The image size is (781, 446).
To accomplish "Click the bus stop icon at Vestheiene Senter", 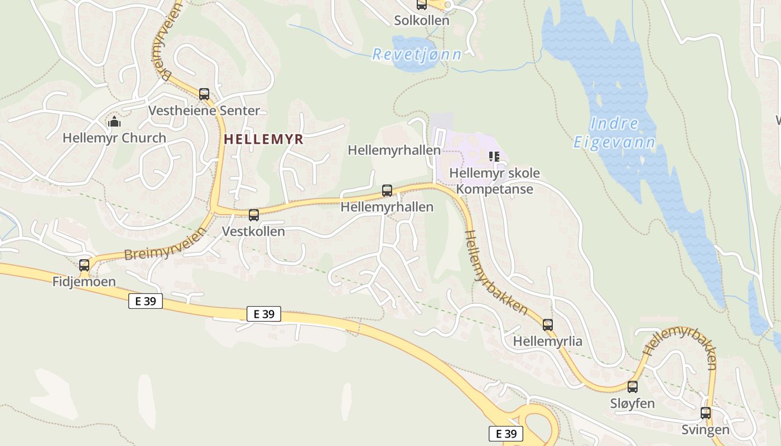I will [204, 94].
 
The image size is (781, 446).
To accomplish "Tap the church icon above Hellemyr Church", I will [114, 121].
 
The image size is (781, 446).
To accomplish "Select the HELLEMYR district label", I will [264, 139].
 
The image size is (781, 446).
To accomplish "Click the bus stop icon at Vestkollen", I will [254, 215].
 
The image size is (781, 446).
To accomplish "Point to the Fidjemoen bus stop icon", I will [84, 265].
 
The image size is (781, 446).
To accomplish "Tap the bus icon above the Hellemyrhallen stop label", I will [387, 191].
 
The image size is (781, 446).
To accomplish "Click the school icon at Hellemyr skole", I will [494, 157].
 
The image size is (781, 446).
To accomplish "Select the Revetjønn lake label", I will [417, 54].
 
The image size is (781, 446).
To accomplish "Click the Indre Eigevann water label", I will [614, 133].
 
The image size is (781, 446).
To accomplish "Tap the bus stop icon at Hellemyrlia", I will [548, 324].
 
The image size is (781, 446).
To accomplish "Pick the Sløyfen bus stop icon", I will [633, 386].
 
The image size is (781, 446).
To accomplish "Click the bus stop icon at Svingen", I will [706, 413].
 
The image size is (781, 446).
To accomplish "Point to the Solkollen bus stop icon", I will [422, 5].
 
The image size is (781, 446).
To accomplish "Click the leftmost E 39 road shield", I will [146, 301].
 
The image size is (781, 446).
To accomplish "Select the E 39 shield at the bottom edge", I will [506, 434].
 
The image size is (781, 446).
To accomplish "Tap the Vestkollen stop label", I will [253, 231].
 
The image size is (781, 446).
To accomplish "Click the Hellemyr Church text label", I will [114, 138].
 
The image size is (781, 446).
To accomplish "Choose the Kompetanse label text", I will [495, 189].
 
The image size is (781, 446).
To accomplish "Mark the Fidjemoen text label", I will [84, 282].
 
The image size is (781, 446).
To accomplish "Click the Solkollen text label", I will [422, 21].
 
